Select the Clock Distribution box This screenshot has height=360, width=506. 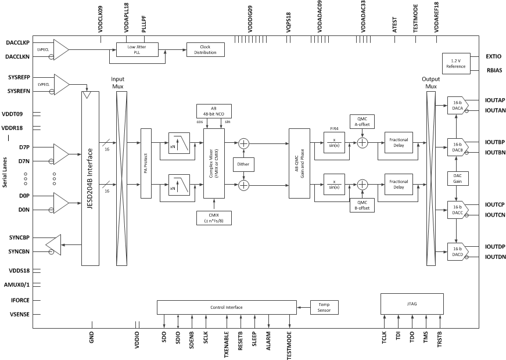pos(204,49)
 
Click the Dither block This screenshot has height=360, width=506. pos(243,164)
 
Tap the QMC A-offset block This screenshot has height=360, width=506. pos(362,121)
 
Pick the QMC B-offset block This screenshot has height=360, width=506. pos(362,204)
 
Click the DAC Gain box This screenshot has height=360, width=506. pos(457,178)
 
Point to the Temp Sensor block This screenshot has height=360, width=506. pos(324,307)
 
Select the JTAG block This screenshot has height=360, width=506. pos(411,303)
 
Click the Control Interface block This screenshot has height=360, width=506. pos(226,307)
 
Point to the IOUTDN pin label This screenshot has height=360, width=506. pos(495,257)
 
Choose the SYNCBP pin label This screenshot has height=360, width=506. pos(20,238)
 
